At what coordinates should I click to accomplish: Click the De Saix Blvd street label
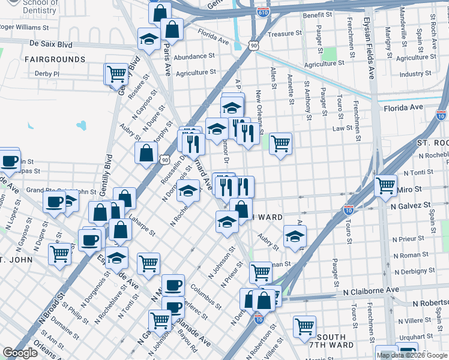click(50, 44)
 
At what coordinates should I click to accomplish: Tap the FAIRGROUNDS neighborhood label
click(55, 59)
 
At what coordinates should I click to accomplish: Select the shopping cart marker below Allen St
click(280, 143)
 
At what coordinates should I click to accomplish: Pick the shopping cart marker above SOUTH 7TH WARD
click(305, 326)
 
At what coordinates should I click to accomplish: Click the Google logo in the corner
click(20, 353)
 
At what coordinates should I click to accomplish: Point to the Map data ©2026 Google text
click(412, 355)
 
